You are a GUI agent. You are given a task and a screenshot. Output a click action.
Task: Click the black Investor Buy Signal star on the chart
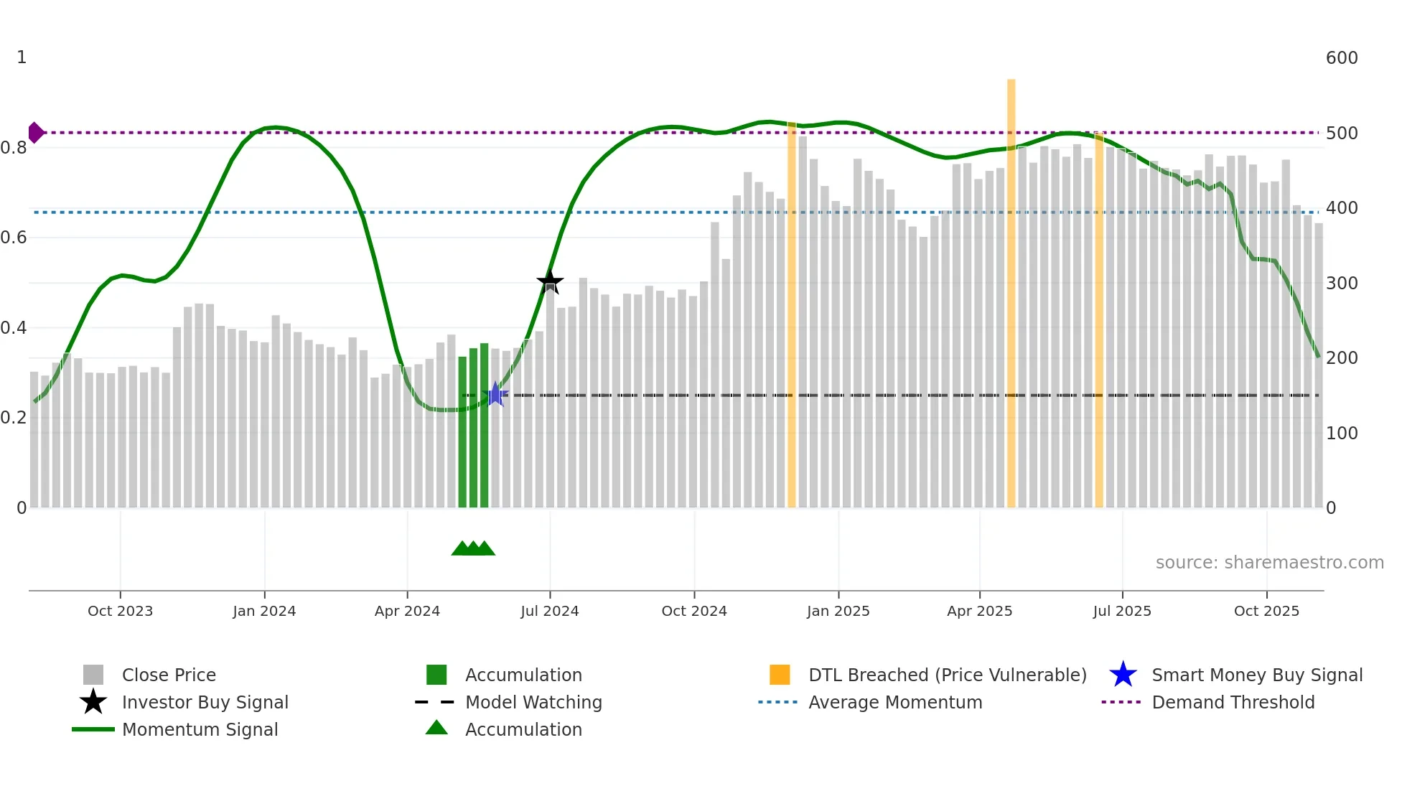coord(550,281)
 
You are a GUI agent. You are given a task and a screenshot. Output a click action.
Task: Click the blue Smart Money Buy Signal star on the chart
coord(495,394)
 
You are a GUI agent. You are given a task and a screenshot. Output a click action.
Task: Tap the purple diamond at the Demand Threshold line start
coord(35,133)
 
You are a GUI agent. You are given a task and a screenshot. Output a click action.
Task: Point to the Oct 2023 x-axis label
coord(120,611)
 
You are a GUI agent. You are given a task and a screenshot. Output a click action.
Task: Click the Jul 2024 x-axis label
coord(550,611)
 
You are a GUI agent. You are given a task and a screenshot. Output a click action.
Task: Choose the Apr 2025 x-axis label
coord(979,611)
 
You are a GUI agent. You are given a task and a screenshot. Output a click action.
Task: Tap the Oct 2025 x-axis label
coord(1266,611)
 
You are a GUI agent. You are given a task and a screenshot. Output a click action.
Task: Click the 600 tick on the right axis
coord(1342,58)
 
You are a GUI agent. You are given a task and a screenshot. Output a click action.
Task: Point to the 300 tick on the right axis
coord(1342,284)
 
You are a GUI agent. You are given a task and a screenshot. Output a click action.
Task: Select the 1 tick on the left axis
coord(22,57)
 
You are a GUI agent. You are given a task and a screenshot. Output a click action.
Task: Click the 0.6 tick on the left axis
coord(14,238)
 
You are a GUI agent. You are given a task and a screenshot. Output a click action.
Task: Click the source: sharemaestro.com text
coord(1269,563)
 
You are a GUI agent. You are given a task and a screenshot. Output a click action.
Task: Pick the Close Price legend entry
coord(169,675)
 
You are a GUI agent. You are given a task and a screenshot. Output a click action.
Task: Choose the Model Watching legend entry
coord(533,703)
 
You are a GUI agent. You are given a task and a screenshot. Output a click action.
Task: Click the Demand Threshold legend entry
coord(1233,703)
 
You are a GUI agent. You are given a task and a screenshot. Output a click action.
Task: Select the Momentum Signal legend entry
coord(200,730)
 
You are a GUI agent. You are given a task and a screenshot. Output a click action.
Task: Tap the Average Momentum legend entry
coord(895,703)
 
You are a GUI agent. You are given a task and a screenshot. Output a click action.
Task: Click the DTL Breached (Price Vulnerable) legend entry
coord(947,675)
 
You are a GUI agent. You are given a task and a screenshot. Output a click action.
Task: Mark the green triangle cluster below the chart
coord(473,548)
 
